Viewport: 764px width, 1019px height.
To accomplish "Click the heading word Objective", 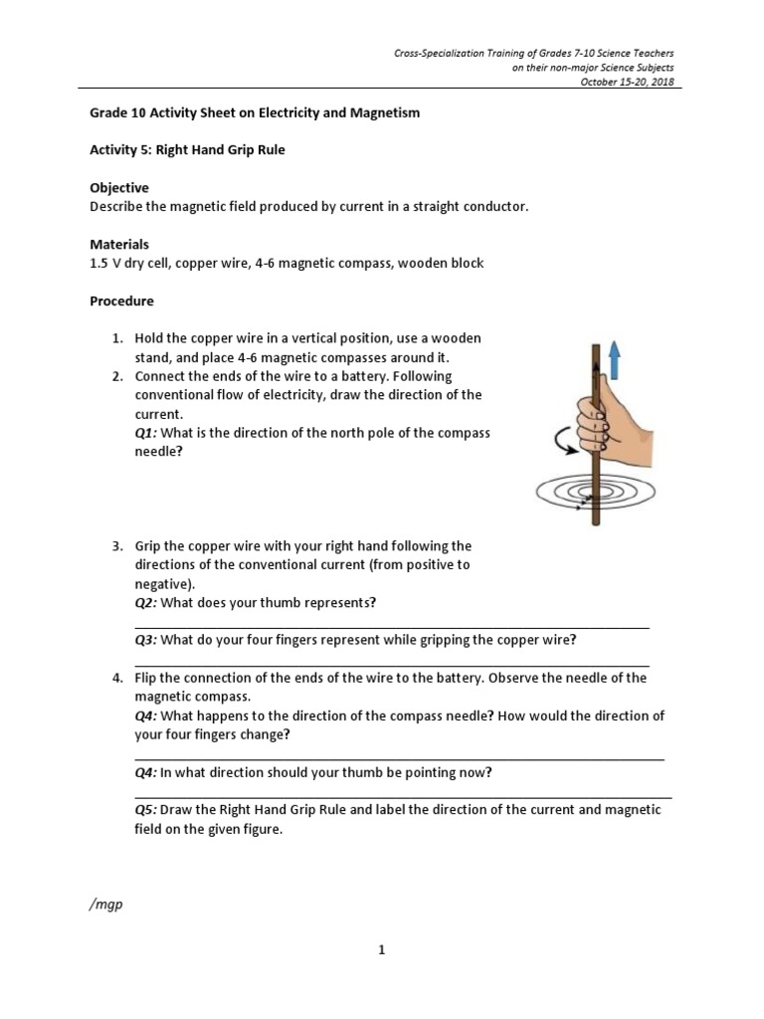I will tap(119, 188).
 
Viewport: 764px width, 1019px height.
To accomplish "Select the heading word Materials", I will tap(119, 244).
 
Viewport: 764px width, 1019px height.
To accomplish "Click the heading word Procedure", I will tap(121, 301).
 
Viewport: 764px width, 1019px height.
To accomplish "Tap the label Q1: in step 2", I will tap(145, 433).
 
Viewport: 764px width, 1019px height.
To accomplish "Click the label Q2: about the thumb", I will tap(145, 603).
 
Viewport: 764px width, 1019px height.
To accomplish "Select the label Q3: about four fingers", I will tap(145, 640).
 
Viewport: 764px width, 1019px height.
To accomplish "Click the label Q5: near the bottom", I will tap(145, 810).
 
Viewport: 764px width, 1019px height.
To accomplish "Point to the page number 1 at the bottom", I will tap(381, 950).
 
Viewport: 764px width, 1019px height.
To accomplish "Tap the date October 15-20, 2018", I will tap(631, 83).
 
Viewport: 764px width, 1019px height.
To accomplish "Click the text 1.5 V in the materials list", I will tap(103, 264).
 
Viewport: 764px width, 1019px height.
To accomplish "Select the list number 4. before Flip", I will tap(116, 678).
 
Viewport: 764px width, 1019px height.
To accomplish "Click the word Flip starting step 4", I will tap(146, 678).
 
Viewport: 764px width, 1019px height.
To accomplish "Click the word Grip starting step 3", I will tap(148, 546).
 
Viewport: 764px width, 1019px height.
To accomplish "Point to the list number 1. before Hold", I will tap(116, 339).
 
